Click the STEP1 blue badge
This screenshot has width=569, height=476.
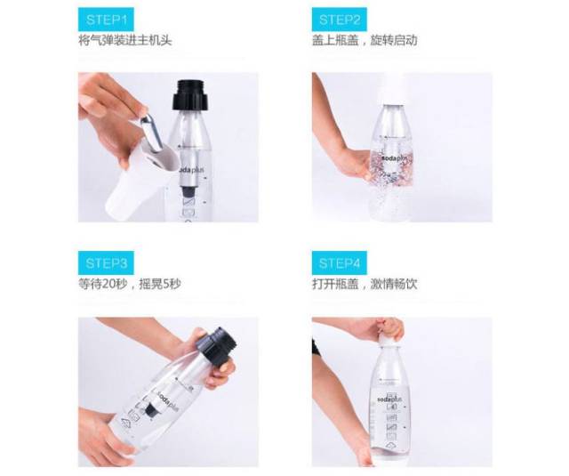[106, 20]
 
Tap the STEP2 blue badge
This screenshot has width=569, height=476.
[340, 20]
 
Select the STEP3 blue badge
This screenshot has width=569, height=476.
[106, 262]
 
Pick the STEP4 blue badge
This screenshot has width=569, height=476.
[340, 262]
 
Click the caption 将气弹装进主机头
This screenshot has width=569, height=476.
[125, 40]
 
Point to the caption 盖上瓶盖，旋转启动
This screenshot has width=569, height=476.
[365, 40]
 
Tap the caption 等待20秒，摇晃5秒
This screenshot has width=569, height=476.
[130, 284]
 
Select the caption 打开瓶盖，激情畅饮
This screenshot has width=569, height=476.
[365, 284]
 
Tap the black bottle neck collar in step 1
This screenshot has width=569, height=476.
[191, 95]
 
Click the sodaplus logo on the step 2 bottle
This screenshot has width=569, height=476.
[397, 158]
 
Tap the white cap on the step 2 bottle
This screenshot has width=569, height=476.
[393, 91]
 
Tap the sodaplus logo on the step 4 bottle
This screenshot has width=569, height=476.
[389, 399]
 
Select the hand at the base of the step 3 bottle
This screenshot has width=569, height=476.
[101, 436]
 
